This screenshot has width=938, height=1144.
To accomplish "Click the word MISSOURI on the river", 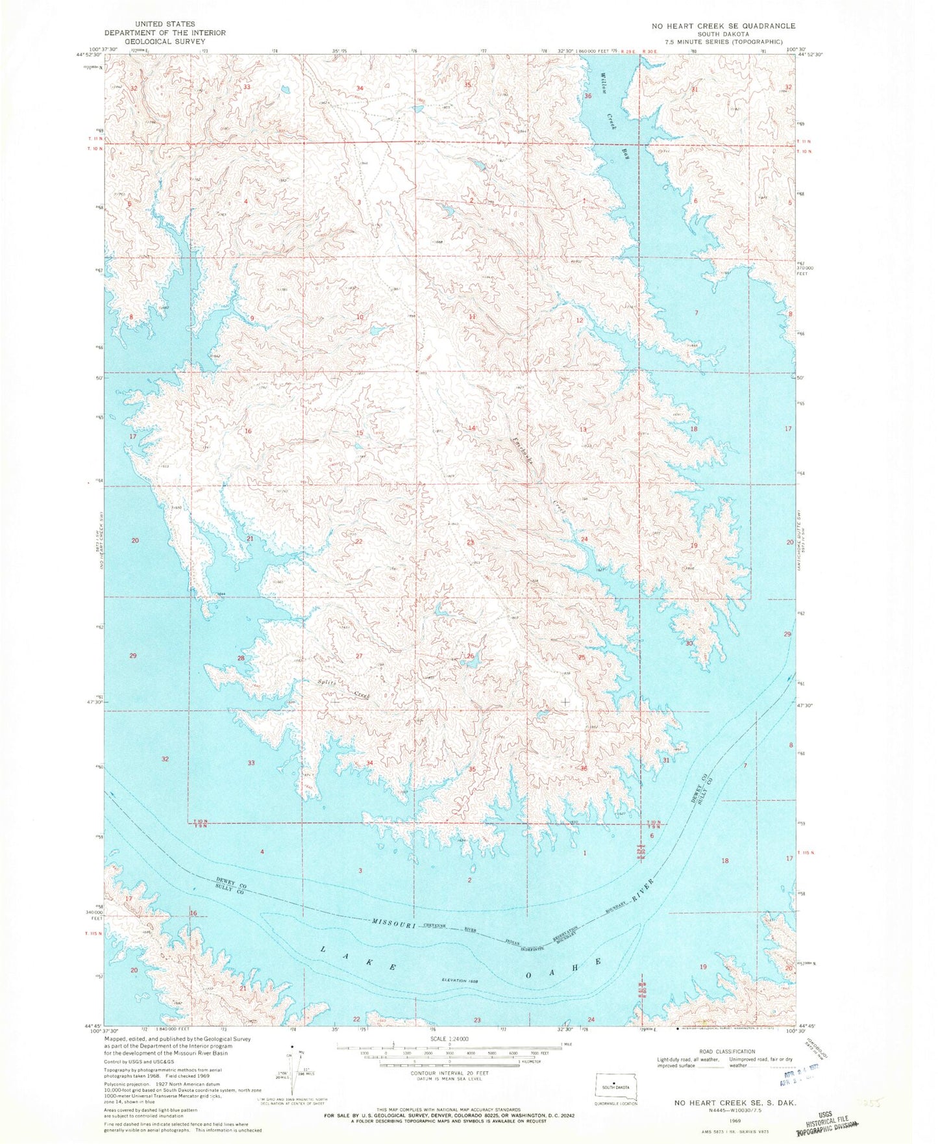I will click(x=394, y=923).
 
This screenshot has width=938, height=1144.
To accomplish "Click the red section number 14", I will click(x=472, y=428).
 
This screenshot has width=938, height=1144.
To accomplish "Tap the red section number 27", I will click(x=359, y=656).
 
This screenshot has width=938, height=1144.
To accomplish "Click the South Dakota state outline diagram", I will click(x=617, y=1087).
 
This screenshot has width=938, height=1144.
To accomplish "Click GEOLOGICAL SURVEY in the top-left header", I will click(x=165, y=41).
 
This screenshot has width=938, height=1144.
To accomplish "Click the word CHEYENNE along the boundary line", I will click(x=439, y=926).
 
